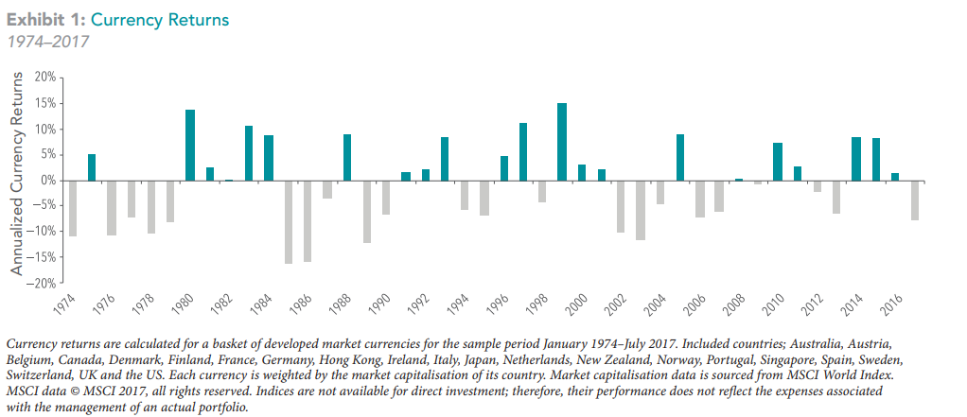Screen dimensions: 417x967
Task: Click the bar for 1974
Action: [73, 208]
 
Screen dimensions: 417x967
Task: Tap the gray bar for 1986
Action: [308, 220]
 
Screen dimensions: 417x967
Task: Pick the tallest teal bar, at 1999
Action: [562, 142]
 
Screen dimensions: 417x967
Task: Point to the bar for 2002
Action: [621, 206]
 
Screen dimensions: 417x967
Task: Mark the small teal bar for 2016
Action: [895, 177]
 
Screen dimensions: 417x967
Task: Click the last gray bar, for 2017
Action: [915, 200]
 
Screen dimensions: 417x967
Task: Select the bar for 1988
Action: [347, 157]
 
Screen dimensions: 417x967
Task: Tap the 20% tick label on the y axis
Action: [44, 77]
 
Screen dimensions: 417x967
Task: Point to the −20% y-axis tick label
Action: [43, 283]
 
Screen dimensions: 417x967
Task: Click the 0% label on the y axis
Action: [48, 180]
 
